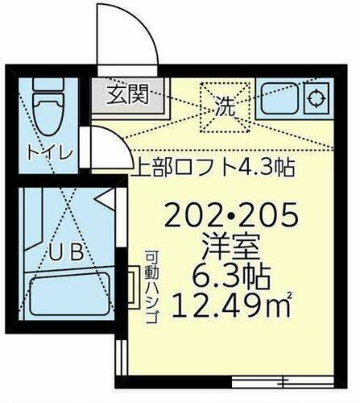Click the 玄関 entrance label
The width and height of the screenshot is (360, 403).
(129, 95)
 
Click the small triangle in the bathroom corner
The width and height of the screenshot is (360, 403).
(103, 196)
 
